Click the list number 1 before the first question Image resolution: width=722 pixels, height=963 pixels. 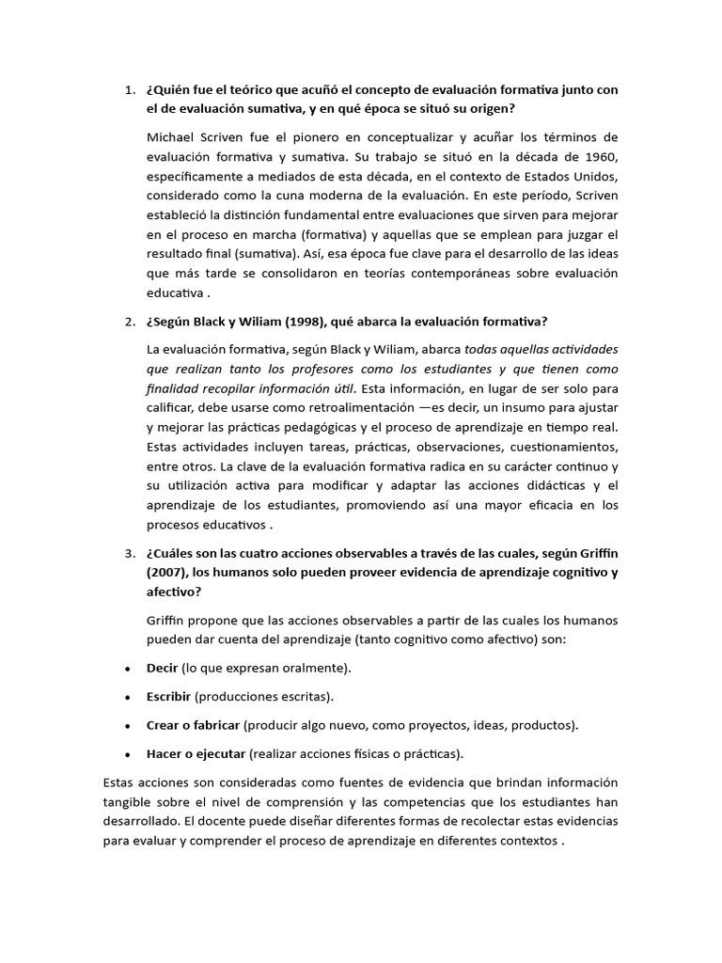[129, 90]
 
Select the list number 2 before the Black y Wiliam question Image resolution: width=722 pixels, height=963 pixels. [129, 324]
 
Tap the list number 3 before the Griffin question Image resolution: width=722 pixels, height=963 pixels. [129, 552]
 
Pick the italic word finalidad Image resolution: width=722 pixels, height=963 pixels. [176, 388]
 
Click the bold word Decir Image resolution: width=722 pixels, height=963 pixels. [162, 668]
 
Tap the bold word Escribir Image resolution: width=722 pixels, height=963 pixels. [169, 697]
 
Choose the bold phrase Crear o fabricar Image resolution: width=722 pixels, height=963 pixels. [193, 726]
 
